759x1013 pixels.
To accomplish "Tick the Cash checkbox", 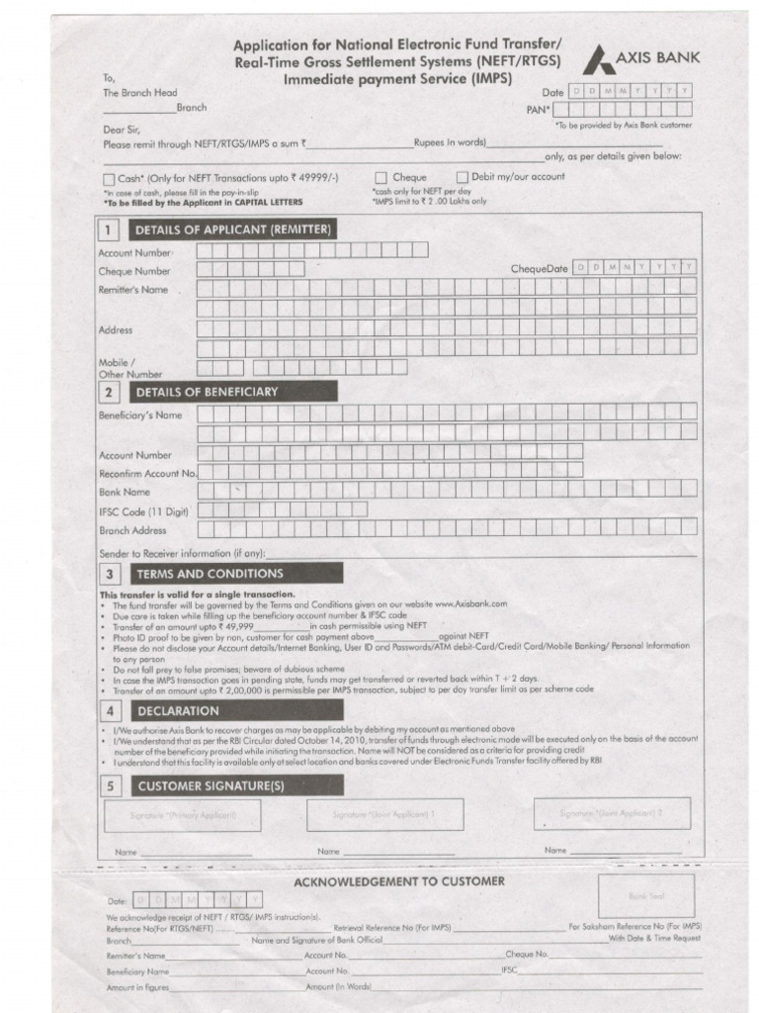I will (x=109, y=179).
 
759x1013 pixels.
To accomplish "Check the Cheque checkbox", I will (x=380, y=178).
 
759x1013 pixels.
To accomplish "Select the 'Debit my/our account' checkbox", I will (x=462, y=178).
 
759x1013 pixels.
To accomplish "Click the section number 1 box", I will (x=110, y=230).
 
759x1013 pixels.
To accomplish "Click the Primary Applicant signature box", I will (x=183, y=816).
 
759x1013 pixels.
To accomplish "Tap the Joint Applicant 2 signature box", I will (x=612, y=813).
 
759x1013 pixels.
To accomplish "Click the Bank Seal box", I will (x=632, y=895).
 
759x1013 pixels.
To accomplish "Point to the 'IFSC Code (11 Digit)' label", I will (x=143, y=510).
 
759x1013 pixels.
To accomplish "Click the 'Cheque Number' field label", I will (x=134, y=270).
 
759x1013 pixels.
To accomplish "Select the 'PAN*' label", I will (x=538, y=110).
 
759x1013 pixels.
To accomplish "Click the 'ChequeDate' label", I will (x=539, y=269).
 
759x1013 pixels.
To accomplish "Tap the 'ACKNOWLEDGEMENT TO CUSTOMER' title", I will (x=399, y=881).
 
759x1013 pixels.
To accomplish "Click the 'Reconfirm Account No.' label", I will (x=147, y=474).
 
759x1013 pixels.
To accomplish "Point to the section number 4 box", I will (x=110, y=711).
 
